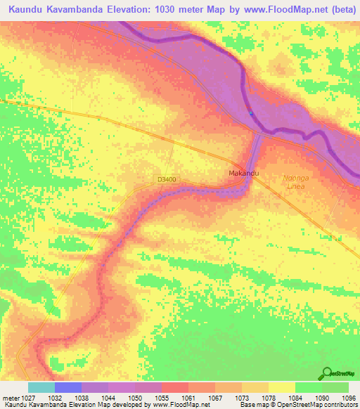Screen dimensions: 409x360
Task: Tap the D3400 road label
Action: [x=167, y=180]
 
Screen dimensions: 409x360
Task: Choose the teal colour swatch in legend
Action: [x=41, y=387]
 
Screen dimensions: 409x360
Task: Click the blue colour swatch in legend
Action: [x=67, y=387]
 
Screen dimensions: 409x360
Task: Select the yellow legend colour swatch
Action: [x=281, y=387]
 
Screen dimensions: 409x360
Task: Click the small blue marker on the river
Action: [x=251, y=113]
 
